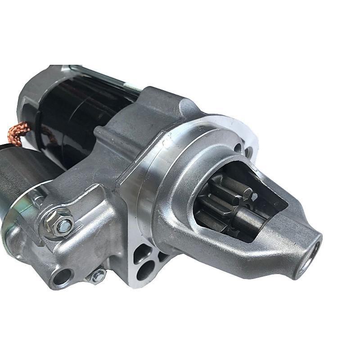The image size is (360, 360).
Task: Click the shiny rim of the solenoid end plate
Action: point(9,225)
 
